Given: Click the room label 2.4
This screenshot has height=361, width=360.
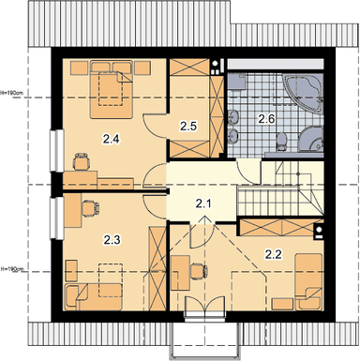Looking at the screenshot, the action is coord(112,139).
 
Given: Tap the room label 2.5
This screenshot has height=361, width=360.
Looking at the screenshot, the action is coord(188,126).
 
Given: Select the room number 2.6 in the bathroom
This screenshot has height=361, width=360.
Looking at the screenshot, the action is coord(266,119).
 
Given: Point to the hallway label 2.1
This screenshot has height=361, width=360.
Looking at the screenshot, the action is coord(203,204).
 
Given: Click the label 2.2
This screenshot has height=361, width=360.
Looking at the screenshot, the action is coord(274,255).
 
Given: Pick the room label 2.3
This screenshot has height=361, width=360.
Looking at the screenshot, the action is coord(112,240).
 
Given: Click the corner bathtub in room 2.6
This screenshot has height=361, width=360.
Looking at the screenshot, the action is coord(303,92).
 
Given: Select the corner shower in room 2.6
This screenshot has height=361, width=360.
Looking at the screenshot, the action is coord(312,140).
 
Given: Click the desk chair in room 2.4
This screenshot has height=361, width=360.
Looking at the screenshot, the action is coord(82,160).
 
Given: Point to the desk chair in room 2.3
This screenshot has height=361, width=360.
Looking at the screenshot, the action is coord(90,208).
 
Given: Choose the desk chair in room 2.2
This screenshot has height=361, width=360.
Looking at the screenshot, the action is coord(199,271).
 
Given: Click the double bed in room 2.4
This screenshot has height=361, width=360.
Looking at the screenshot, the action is coord(111,90).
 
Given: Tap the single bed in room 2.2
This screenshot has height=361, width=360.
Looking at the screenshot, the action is coord(308,281).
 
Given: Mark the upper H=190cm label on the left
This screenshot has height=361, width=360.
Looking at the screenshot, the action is coord(11,93).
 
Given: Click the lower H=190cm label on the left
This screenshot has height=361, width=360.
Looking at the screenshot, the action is coord(12,269).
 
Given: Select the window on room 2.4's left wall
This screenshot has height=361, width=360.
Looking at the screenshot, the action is coord(57,151).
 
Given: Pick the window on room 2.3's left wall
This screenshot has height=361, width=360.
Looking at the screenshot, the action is coord(57,218).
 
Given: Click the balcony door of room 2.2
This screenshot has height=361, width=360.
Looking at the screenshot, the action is coord(204,308).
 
